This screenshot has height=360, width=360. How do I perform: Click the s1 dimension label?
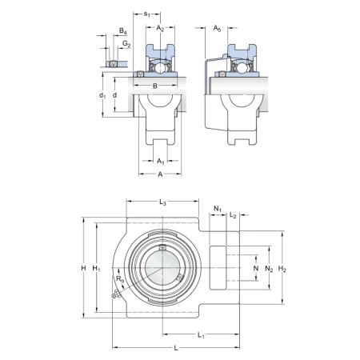point(147,14)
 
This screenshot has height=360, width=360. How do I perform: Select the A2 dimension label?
point(160,28)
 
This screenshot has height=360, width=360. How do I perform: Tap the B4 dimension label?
point(122,31)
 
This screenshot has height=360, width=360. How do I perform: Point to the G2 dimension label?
point(126,43)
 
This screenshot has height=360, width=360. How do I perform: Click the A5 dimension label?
point(217,28)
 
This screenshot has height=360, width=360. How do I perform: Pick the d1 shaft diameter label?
point(102,95)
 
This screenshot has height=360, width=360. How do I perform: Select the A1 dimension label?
point(160,162)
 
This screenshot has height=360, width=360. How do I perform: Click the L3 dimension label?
point(162,202)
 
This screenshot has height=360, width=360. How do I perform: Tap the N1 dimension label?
point(218,209)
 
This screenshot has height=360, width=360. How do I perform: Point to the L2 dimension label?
point(233,215)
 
